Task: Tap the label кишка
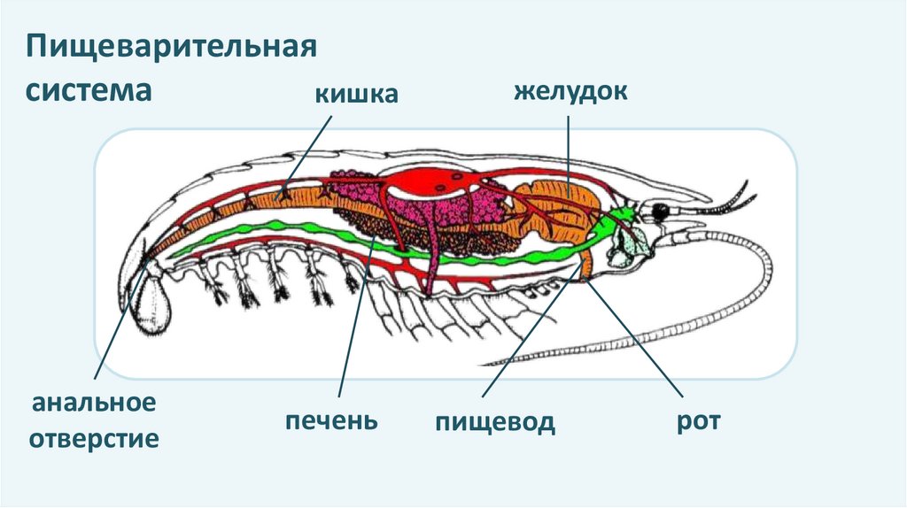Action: [x=353, y=93]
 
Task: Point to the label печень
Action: [x=332, y=420]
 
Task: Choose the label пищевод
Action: [x=495, y=421]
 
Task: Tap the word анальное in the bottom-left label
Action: [x=94, y=404]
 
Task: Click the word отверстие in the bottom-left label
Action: [x=94, y=438]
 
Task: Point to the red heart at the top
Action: [x=430, y=181]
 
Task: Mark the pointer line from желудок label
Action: [x=569, y=150]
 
